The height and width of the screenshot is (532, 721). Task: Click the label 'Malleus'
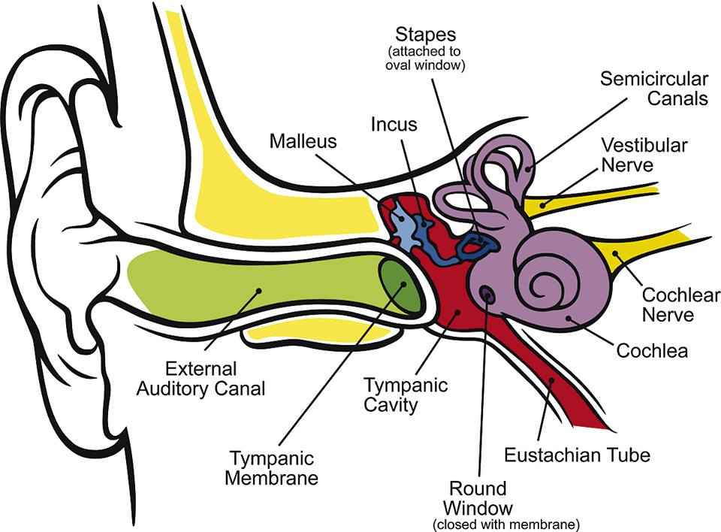click(303, 141)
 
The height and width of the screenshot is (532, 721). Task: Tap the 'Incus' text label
click(394, 124)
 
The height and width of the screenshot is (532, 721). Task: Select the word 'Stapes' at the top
click(426, 35)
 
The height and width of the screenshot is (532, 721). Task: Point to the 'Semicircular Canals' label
click(653, 89)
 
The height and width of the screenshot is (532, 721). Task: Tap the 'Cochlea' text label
click(652, 350)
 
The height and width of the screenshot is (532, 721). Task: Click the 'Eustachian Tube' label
click(577, 455)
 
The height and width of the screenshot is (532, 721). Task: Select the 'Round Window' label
click(478, 498)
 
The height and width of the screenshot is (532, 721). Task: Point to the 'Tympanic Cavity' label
click(406, 395)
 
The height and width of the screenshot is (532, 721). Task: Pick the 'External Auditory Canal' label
click(216, 379)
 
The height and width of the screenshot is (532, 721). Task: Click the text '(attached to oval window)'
click(426, 58)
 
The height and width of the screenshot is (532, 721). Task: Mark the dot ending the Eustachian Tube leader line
click(551, 382)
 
